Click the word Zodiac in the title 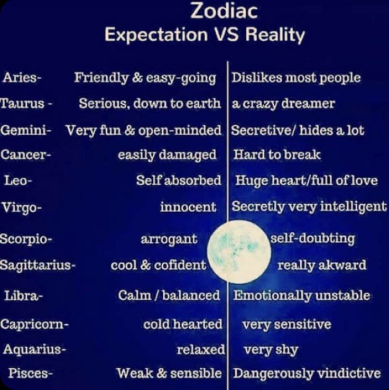(x=224, y=11)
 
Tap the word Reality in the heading (x=275, y=35)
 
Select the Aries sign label (x=22, y=78)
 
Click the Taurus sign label (x=26, y=103)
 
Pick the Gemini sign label (x=26, y=130)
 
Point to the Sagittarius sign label (x=38, y=265)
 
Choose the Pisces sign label (x=30, y=373)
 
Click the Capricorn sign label (x=34, y=324)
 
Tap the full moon (x=239, y=251)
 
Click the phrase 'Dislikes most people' (x=296, y=78)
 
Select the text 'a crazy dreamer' (x=283, y=104)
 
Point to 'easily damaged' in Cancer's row (x=167, y=155)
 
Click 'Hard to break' (x=277, y=155)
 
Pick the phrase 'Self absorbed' (x=179, y=180)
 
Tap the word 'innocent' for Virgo (x=188, y=207)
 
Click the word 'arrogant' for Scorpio (x=169, y=239)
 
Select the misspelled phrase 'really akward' (x=322, y=265)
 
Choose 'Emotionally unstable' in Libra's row (x=302, y=296)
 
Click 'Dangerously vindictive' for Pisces (x=307, y=374)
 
